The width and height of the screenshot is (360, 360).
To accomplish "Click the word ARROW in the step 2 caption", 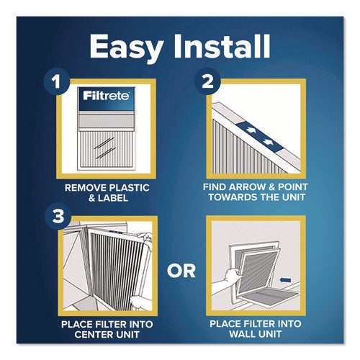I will coord(251,185).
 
